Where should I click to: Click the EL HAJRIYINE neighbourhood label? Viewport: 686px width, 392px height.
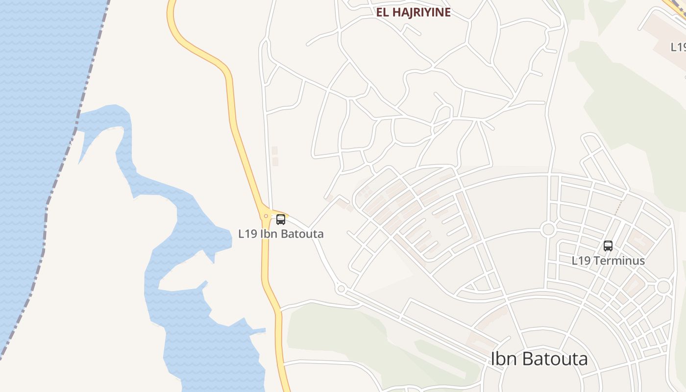click(x=413, y=13)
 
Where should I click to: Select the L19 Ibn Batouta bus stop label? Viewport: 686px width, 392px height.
click(x=281, y=234)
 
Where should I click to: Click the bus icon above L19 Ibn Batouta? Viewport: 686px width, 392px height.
click(x=281, y=220)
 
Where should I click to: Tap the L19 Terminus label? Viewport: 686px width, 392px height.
click(x=608, y=261)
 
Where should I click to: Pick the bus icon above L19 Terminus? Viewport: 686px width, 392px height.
click(x=608, y=246)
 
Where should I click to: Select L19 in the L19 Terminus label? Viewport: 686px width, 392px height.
click(x=581, y=261)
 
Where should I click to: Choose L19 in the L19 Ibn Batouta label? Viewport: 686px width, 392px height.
click(x=247, y=234)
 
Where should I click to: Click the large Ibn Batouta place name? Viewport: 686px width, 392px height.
click(x=539, y=359)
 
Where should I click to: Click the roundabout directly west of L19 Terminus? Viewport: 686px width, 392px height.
click(x=548, y=229)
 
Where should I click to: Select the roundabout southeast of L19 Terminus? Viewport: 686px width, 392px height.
click(x=663, y=287)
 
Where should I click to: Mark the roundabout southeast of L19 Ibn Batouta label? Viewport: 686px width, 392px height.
click(x=341, y=289)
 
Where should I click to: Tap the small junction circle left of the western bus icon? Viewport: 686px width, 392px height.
click(x=266, y=216)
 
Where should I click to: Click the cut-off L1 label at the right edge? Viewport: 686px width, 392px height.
click(x=679, y=47)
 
